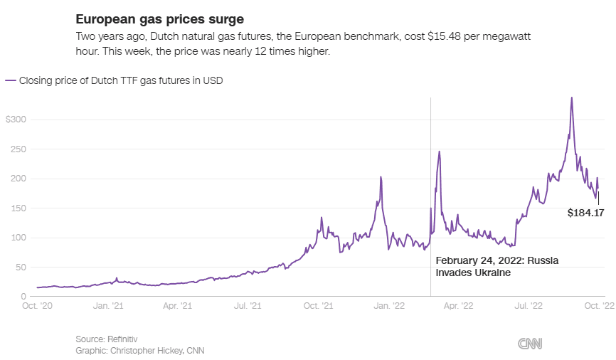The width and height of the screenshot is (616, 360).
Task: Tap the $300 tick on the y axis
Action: [x=16, y=120]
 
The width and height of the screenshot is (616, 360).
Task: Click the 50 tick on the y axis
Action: [x=20, y=268]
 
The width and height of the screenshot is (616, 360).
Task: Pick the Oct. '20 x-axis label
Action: [x=38, y=305]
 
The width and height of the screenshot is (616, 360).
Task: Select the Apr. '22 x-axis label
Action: [x=458, y=305]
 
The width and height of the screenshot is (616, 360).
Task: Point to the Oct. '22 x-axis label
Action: [x=598, y=305]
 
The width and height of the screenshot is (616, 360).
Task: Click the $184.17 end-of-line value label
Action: [x=585, y=212]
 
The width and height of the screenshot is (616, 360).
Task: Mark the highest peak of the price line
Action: [x=572, y=97]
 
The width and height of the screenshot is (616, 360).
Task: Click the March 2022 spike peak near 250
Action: [x=440, y=152]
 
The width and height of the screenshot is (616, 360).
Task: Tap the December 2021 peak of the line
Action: [x=381, y=177]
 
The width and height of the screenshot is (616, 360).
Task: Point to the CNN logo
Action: [x=529, y=344]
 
